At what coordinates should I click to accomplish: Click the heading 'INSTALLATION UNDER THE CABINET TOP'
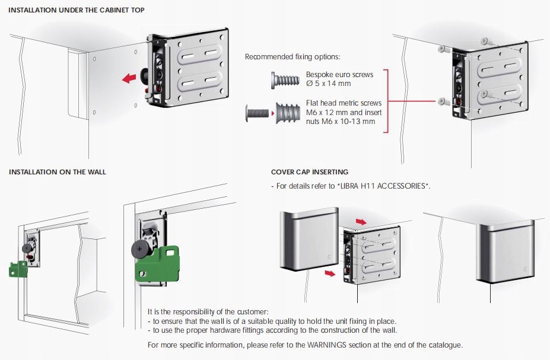coord(77,10)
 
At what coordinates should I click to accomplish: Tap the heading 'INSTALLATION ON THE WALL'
coord(58,172)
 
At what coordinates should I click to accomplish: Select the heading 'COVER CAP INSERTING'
coord(310,172)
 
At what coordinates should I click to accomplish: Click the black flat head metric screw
coord(256,113)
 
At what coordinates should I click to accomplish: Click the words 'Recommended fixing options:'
coord(293,57)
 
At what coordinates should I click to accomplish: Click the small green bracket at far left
coord(18,269)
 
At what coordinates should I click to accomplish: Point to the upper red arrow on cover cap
coord(361,221)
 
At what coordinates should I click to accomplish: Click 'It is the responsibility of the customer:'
coord(208,312)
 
